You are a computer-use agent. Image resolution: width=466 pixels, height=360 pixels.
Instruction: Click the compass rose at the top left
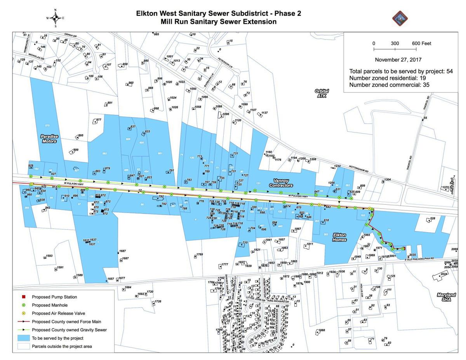click(55, 18)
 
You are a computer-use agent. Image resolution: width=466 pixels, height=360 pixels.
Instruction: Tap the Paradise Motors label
click(49, 139)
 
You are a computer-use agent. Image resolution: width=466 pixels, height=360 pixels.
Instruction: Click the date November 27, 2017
click(398, 60)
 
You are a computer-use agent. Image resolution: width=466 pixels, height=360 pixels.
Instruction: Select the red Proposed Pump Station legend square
click(23, 297)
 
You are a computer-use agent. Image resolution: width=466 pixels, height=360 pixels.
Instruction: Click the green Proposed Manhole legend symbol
click(23, 305)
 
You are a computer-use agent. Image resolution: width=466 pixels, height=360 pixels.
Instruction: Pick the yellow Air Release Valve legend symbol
click(23, 313)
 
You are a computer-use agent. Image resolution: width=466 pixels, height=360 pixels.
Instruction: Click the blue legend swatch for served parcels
click(23, 338)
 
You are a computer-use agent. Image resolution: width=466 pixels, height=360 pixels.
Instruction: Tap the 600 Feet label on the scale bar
click(421, 43)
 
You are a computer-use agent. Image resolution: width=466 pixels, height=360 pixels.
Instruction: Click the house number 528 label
click(433, 219)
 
